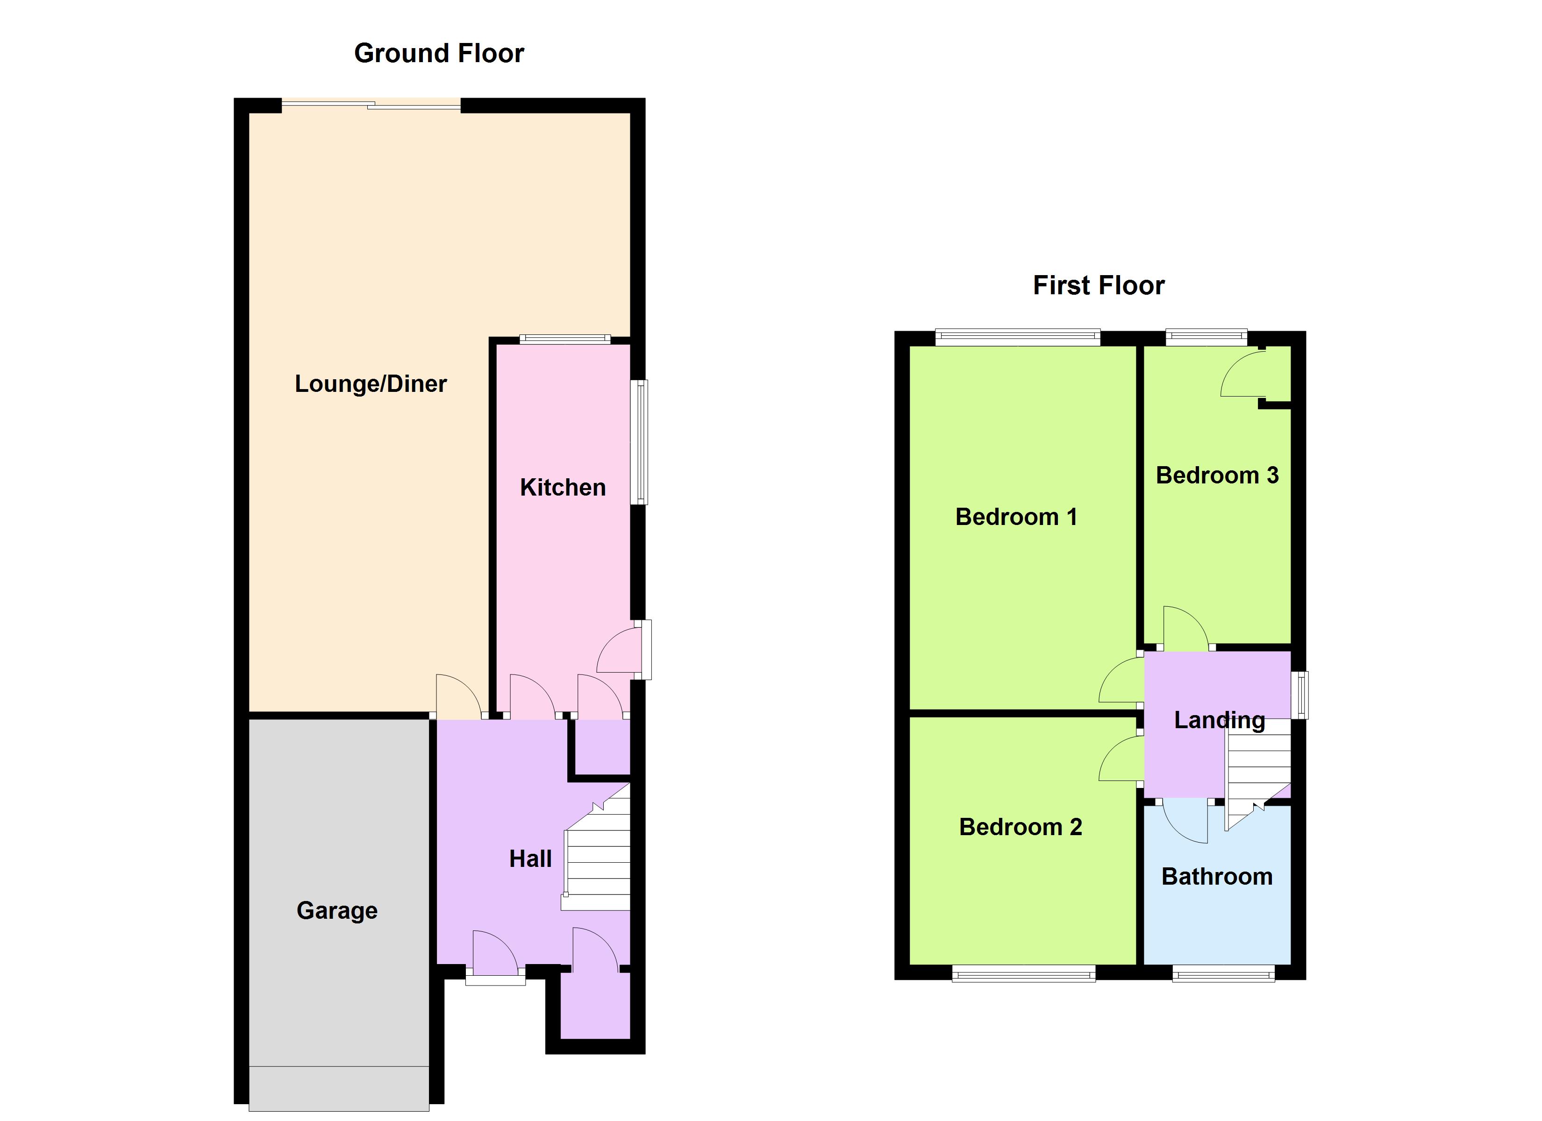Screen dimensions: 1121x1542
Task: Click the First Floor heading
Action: [x=1098, y=285]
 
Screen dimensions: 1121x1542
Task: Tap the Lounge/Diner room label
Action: [x=371, y=384]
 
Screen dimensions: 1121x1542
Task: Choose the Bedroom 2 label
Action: [x=1020, y=827]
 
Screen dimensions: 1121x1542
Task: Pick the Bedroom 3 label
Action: [x=1216, y=475]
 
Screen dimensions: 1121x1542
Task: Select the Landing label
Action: [x=1219, y=720]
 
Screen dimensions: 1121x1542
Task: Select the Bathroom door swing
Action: [x=1185, y=821]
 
